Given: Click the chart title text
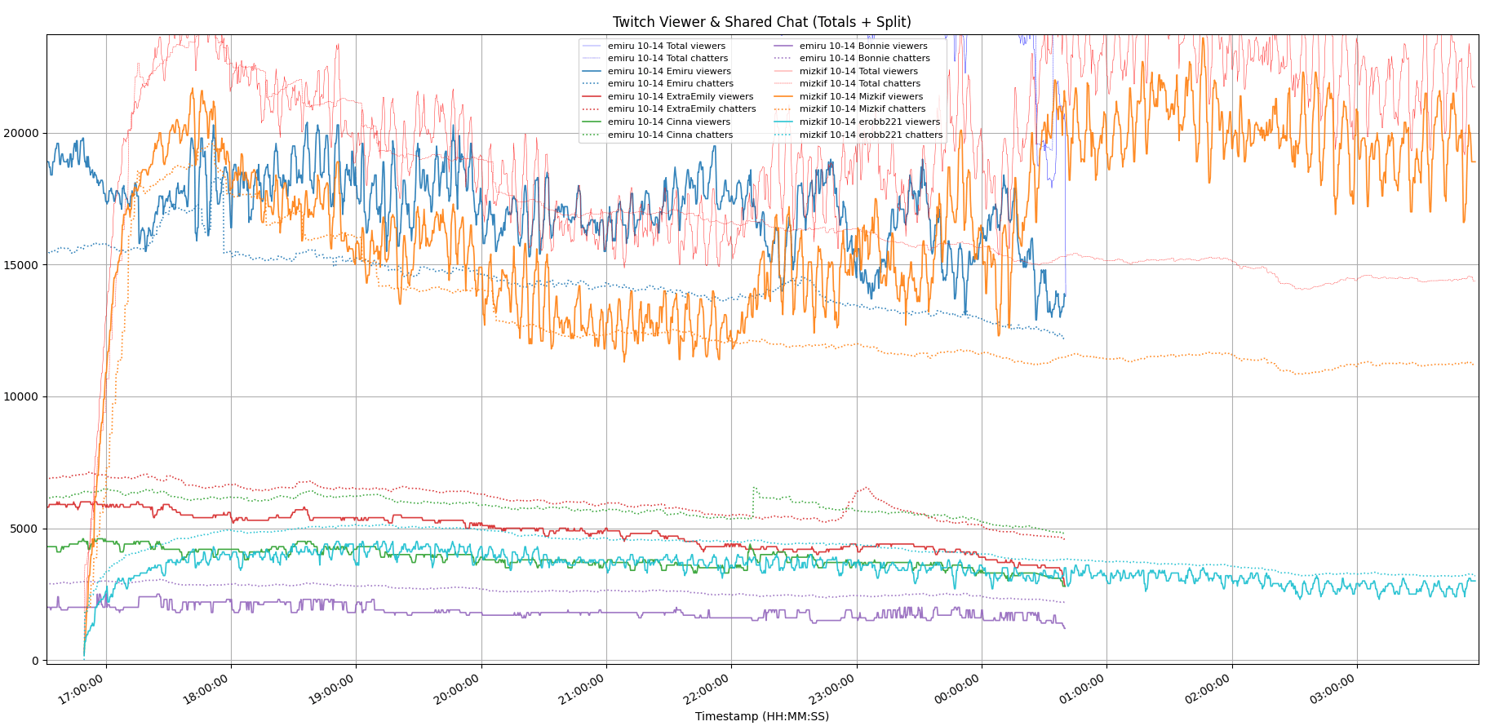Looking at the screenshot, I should coord(761,22).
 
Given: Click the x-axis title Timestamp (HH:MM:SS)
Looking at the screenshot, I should coord(761,716).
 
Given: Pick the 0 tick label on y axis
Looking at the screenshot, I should coord(35,661).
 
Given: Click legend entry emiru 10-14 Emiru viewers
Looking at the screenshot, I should coord(669,71).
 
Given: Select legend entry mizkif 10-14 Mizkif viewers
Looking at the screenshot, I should coord(861,96).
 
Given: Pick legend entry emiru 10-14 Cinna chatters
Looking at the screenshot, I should coord(670,135).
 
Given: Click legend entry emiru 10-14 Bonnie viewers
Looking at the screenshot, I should coord(863,46).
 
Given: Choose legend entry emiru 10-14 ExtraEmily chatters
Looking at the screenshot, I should coord(681,108).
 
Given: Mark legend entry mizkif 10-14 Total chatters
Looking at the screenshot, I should coord(859,83).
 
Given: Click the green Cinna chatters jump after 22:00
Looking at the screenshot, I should coord(753,489).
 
